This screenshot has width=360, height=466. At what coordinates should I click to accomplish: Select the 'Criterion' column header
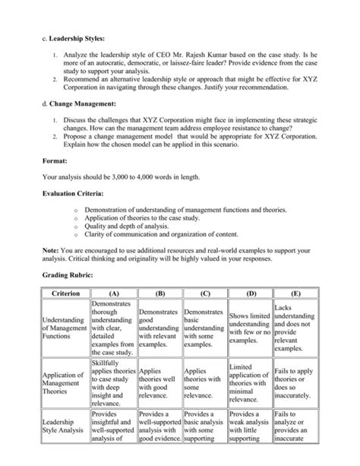66,293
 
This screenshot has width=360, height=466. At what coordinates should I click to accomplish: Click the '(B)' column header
159,293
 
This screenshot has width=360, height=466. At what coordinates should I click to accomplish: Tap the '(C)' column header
204,293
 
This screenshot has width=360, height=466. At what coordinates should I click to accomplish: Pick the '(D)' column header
249,293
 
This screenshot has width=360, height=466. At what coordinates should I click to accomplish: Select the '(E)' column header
295,293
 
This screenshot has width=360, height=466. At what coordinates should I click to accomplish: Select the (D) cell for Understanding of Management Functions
249,328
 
